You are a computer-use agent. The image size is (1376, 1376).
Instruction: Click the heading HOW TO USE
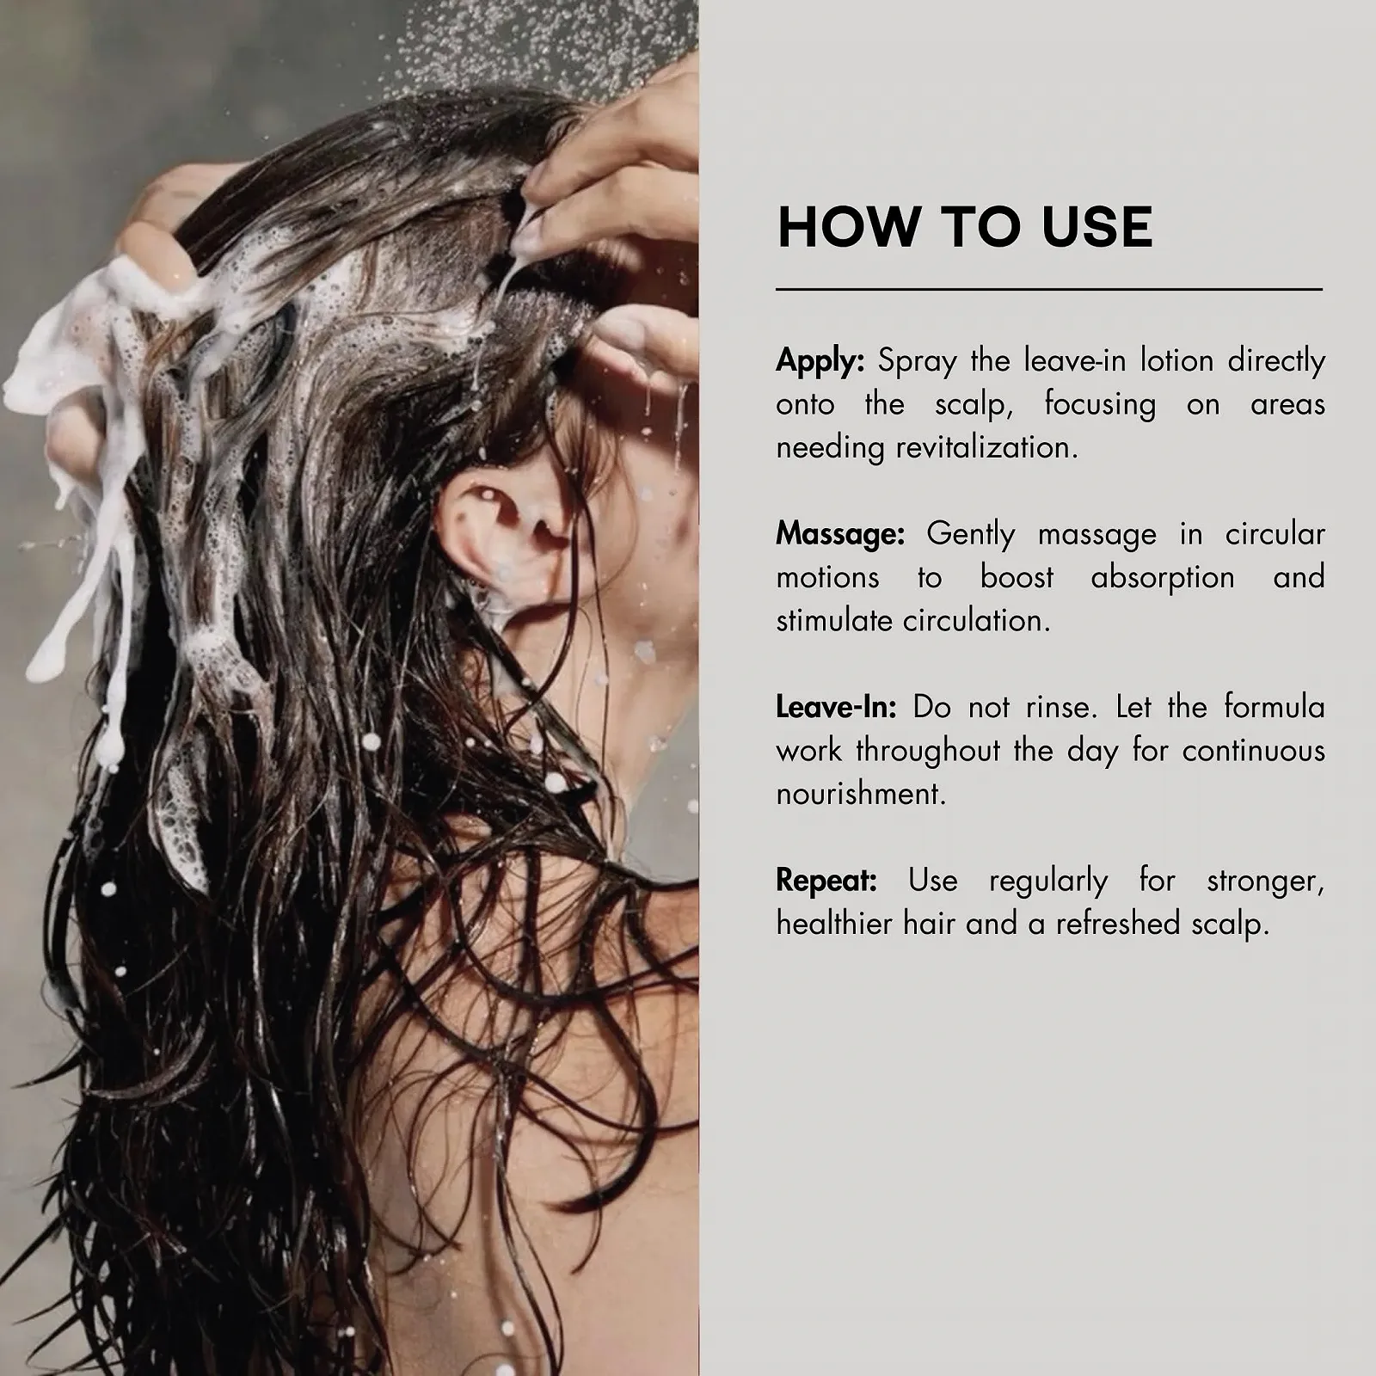[x=964, y=227]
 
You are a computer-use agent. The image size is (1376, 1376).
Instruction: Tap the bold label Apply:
[x=820, y=361]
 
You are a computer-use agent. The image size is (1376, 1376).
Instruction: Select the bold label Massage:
[x=840, y=535]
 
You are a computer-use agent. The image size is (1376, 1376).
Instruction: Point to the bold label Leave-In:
[x=836, y=707]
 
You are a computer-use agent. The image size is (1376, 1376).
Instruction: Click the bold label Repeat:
[x=826, y=881]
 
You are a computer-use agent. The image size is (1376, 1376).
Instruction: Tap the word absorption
[x=1163, y=578]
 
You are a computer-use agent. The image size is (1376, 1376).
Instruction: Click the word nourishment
[x=861, y=794]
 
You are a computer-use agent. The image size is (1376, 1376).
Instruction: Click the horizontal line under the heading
[x=1049, y=290]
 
